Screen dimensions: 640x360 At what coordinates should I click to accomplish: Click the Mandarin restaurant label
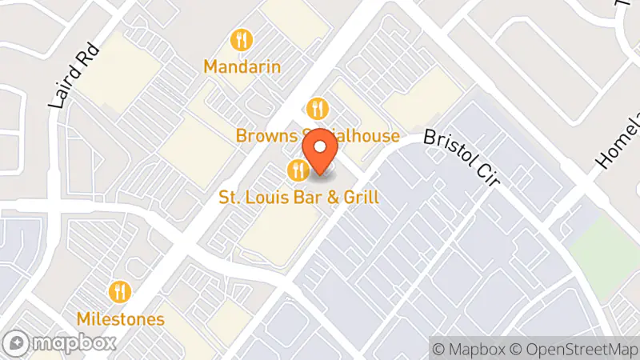point(242,66)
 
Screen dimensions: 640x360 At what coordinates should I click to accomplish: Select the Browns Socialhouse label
point(318,136)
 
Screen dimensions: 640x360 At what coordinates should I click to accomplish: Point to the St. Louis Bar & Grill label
point(298,197)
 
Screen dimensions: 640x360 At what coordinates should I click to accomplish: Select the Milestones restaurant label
point(121,318)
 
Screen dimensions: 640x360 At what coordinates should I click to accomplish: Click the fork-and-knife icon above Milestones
point(121,291)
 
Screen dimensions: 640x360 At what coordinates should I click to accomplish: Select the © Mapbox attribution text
point(469,349)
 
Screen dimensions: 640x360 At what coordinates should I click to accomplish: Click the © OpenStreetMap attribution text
point(573,349)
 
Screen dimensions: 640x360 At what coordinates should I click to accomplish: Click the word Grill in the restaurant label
point(359,197)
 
